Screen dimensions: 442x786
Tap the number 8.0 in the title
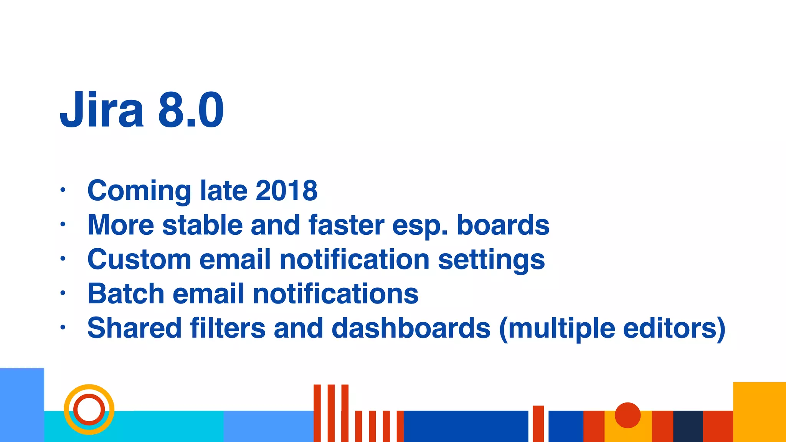tap(191, 110)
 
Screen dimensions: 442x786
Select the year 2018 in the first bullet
tap(286, 190)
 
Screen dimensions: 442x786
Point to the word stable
tap(202, 225)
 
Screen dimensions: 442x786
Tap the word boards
tap(503, 225)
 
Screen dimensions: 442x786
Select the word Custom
tap(139, 259)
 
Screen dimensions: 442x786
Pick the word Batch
tap(126, 294)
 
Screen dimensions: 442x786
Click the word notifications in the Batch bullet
tap(335, 294)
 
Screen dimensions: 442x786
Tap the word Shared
tap(134, 328)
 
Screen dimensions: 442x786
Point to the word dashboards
tap(411, 328)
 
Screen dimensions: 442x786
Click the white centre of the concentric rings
tap(89, 409)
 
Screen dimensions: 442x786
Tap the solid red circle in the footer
tap(627, 415)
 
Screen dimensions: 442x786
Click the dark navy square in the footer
tap(688, 426)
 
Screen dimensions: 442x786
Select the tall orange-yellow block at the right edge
tap(759, 412)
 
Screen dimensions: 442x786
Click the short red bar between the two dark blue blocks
tap(538, 424)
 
